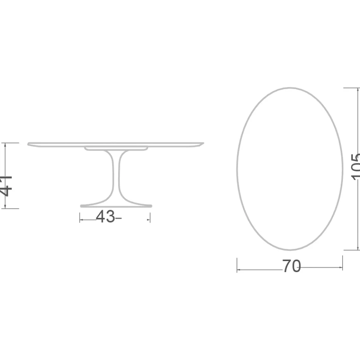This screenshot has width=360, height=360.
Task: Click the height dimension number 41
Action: pos(7,186)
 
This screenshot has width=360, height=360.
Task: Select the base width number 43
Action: pos(105,217)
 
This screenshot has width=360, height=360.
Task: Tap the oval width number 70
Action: pos(291,267)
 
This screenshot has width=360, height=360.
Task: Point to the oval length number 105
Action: pos(355,167)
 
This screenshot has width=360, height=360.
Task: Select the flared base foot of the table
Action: pos(116,205)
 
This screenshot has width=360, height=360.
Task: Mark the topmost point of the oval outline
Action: pos(289,88)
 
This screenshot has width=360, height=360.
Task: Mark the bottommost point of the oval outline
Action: pos(290,250)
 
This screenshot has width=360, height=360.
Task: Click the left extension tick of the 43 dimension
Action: pos(80,217)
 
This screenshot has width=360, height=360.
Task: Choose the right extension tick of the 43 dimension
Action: pos(150,217)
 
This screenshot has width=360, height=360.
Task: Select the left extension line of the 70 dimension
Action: pos(237,265)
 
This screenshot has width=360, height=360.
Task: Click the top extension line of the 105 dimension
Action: pos(351,88)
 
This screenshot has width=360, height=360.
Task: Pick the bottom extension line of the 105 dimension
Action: pos(351,250)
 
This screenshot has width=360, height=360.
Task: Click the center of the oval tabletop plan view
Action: pos(290,169)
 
